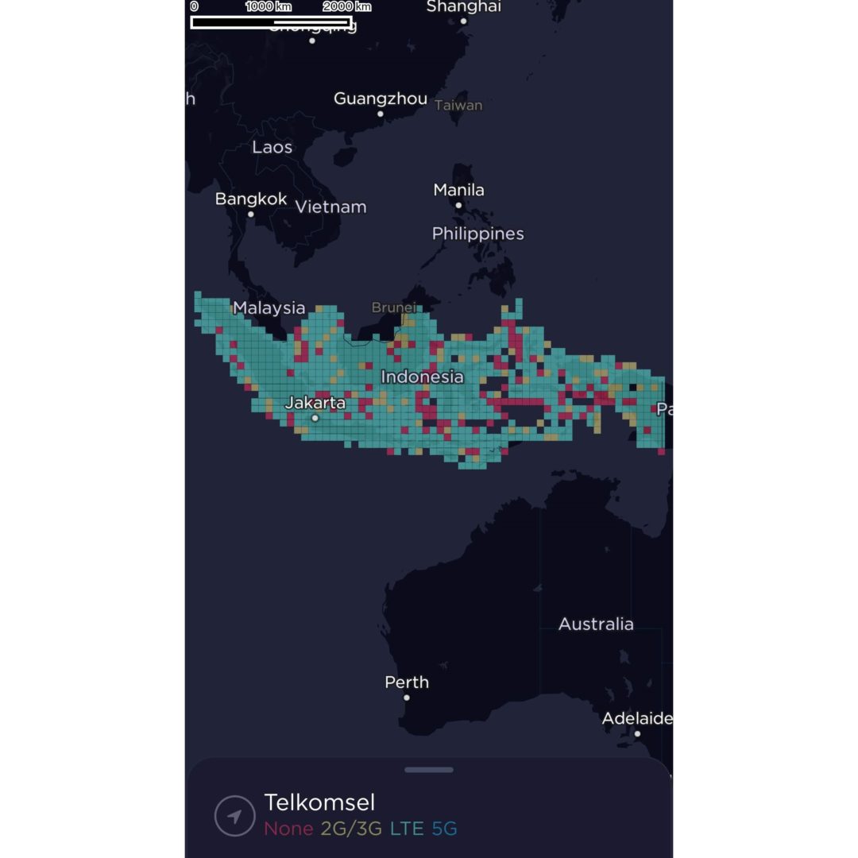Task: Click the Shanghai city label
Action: [x=464, y=7]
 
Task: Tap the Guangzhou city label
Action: [x=380, y=99]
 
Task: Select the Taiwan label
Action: [x=458, y=105]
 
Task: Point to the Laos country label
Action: [x=272, y=147]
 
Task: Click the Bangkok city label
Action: [x=251, y=199]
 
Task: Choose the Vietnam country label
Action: [x=331, y=207]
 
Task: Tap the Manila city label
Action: [x=458, y=190]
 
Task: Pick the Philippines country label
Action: [x=477, y=234]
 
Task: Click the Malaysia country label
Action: [x=269, y=307]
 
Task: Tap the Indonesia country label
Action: [x=422, y=377]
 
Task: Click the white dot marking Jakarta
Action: [x=315, y=418]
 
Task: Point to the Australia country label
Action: [x=596, y=624]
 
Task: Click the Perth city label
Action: [x=407, y=682]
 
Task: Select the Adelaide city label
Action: [x=637, y=718]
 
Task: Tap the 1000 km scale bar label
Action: [x=269, y=6]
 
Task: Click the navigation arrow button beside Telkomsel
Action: [x=234, y=816]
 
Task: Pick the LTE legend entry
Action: [x=407, y=829]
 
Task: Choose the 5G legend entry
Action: [x=445, y=829]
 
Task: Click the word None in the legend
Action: [x=288, y=829]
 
